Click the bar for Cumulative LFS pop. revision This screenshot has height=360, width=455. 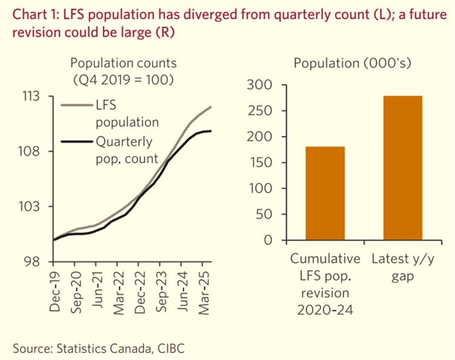click(325, 193)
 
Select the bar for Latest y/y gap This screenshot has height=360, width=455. click(402, 168)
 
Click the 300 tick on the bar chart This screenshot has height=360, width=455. click(259, 85)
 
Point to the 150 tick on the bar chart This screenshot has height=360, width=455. click(259, 162)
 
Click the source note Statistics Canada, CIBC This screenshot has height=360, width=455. click(98, 348)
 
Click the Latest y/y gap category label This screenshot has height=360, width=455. click(403, 267)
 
